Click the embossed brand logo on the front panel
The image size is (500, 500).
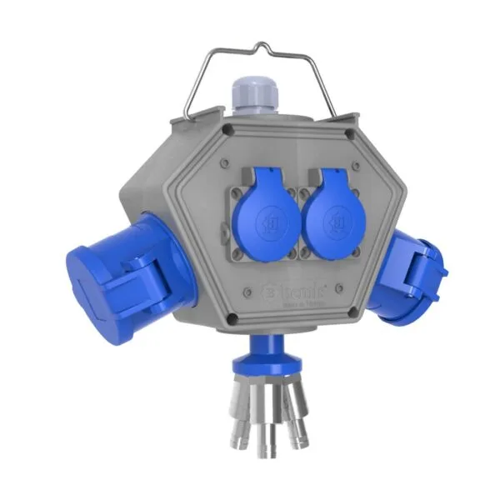pyautogui.click(x=292, y=292)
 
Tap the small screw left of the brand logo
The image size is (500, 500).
pyautogui.click(x=248, y=290)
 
